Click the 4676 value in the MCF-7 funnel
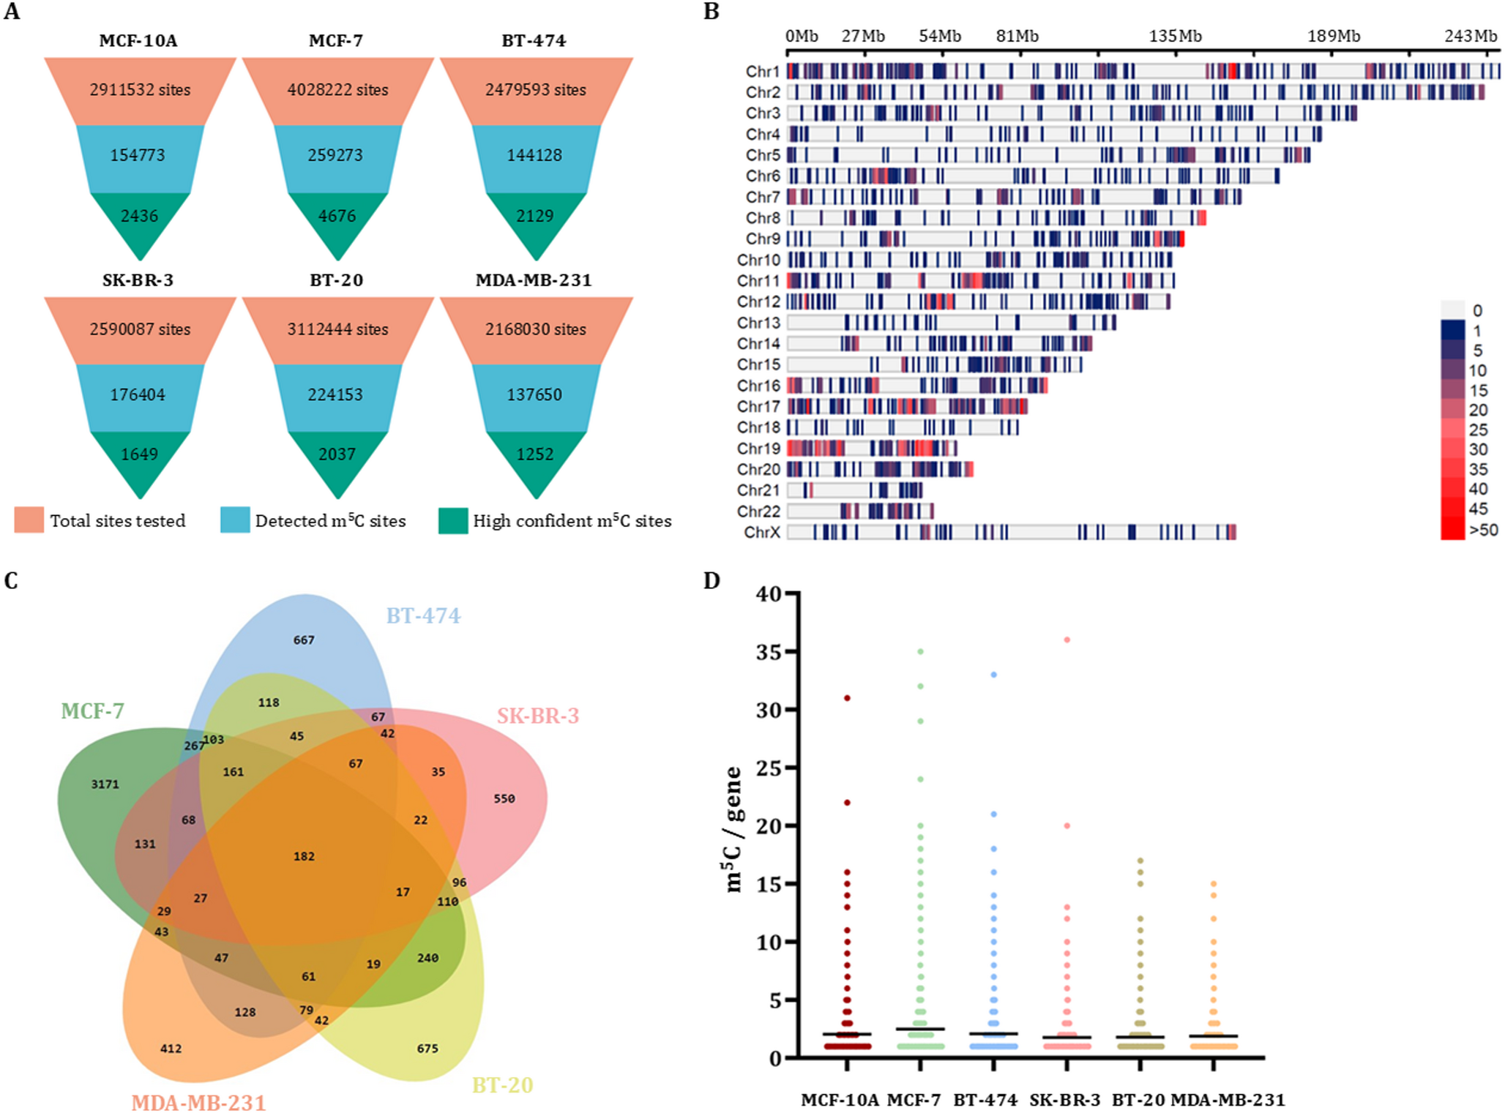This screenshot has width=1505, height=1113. [337, 216]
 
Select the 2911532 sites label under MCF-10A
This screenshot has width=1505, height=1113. [140, 90]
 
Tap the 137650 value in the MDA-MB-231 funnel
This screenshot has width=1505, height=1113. [534, 394]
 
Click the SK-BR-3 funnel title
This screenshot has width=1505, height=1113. [138, 280]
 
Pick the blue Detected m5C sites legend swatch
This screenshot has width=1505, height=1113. [235, 520]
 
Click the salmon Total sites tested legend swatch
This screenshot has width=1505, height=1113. [29, 520]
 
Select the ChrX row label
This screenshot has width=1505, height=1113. [762, 532]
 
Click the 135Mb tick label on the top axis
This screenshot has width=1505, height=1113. [1175, 36]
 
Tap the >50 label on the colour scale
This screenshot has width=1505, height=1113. [1483, 530]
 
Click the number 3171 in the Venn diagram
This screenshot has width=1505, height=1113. [105, 784]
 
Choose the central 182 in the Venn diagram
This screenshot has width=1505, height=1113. [304, 856]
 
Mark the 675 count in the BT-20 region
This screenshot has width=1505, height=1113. [427, 1049]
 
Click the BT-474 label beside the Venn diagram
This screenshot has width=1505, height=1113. [423, 616]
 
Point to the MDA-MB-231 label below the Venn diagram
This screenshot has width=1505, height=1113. [198, 1102]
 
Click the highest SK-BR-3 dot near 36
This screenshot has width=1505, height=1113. [1067, 640]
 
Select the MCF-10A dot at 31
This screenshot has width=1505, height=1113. [847, 698]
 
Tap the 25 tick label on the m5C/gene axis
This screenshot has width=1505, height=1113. [769, 768]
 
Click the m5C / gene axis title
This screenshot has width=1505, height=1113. [733, 828]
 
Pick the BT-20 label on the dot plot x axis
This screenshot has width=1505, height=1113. [1138, 1100]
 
